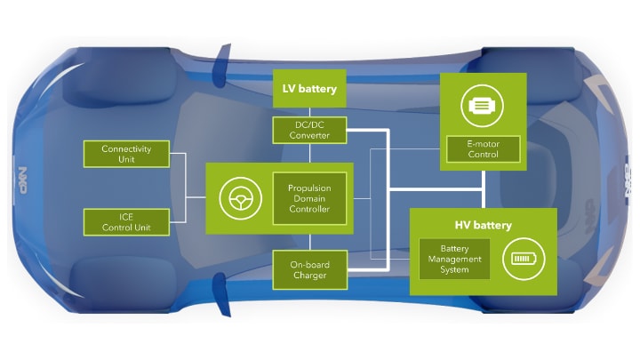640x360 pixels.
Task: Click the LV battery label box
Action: pyautogui.click(x=308, y=90)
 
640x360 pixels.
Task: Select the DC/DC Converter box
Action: pyautogui.click(x=308, y=129)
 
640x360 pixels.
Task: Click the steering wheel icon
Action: pyautogui.click(x=237, y=197)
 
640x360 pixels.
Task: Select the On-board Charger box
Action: pyautogui.click(x=308, y=269)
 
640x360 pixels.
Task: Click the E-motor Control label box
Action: pyautogui.click(x=483, y=148)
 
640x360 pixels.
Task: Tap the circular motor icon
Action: pyautogui.click(x=483, y=106)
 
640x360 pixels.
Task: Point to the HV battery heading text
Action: pyautogui.click(x=482, y=225)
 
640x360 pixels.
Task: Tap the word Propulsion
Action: pyautogui.click(x=308, y=188)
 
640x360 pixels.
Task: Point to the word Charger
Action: pyautogui.click(x=308, y=276)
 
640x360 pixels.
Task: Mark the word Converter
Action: pyautogui.click(x=308, y=135)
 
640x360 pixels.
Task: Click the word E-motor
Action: pyautogui.click(x=483, y=142)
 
